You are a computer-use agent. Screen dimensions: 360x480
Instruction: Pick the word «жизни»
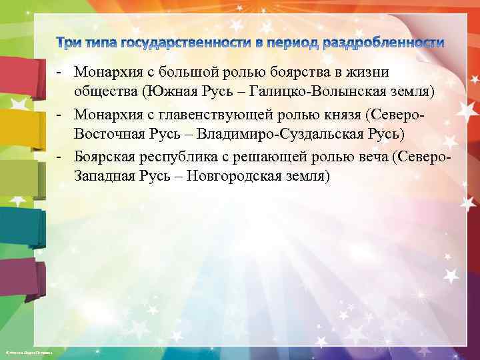[371, 72]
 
